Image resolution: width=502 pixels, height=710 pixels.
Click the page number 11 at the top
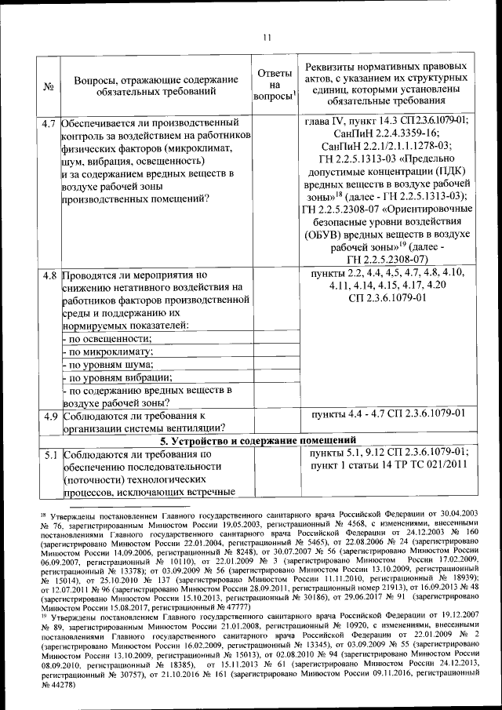[266, 37]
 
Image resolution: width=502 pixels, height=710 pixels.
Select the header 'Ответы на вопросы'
[275, 86]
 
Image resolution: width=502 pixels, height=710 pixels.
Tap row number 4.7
[49, 123]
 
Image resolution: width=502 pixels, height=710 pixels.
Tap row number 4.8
[49, 276]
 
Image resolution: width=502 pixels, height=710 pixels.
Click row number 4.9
[49, 413]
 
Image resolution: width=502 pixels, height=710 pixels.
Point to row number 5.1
[49, 453]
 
